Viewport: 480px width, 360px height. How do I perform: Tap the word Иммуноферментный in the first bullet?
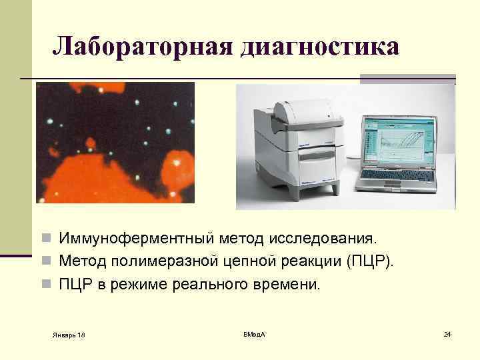(x=135, y=238)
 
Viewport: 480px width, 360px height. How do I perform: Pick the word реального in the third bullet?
(x=215, y=285)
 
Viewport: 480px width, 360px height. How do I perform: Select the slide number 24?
(x=447, y=333)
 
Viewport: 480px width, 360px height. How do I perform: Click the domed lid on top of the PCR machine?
(x=307, y=107)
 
